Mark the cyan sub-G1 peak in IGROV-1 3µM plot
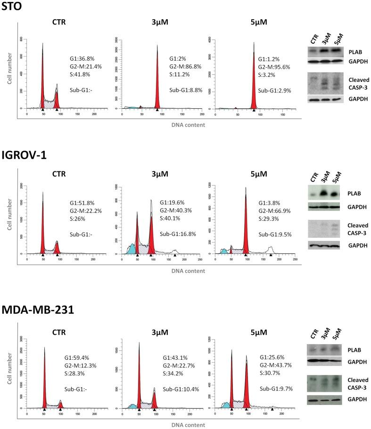coord(132,248)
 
